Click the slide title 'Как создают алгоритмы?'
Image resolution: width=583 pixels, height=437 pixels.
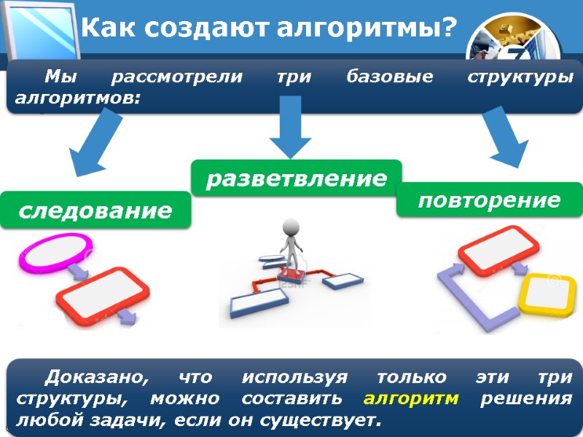(268, 28)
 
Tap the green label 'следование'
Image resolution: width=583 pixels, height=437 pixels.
(95, 211)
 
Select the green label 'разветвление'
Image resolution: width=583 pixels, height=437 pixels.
(296, 178)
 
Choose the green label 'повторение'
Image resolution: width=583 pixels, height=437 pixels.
(489, 200)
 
